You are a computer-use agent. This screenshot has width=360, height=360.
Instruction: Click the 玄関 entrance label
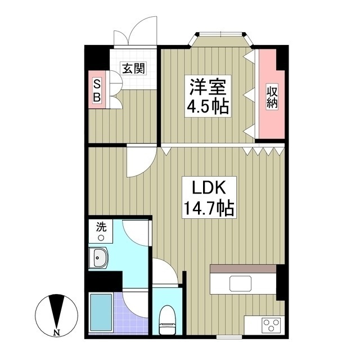[x=133, y=69]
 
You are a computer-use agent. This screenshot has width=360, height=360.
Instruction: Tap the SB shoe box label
[x=97, y=91]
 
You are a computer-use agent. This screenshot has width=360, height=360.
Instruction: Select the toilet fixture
[x=166, y=318]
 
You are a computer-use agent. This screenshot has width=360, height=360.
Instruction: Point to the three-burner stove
[x=271, y=325]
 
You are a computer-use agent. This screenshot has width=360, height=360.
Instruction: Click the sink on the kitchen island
[x=242, y=283]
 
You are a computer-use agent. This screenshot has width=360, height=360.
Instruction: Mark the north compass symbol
[x=57, y=313]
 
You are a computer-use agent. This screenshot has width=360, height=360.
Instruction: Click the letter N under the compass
[x=57, y=332]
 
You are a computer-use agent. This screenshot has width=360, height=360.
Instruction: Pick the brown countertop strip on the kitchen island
[x=243, y=269]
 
